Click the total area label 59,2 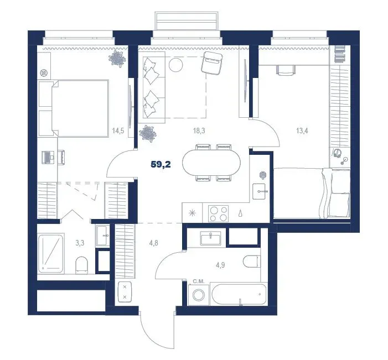[161, 165]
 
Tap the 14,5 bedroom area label [118, 131]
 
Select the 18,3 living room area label [199, 131]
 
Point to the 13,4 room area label [302, 131]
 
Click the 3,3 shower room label [80, 243]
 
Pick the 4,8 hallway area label [153, 243]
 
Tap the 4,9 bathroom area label [220, 265]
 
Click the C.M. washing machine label [199, 281]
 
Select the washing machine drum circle [199, 295]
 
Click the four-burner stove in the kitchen [218, 213]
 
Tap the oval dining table [211, 163]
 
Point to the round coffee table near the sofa [175, 65]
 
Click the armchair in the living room [212, 63]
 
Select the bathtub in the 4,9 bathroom [239, 294]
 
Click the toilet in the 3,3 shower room [81, 265]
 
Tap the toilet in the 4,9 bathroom [252, 262]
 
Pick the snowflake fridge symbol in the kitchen [192, 213]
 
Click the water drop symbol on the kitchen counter [240, 213]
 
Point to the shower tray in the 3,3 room [50, 253]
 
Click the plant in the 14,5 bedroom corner [117, 59]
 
